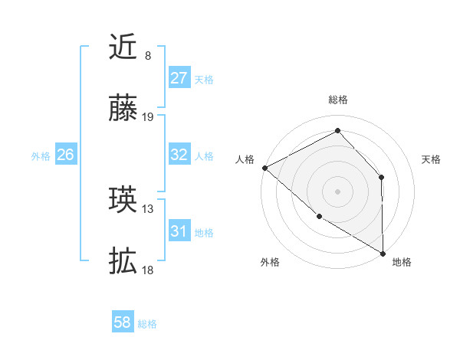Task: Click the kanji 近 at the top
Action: click(123, 47)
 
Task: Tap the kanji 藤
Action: click(123, 109)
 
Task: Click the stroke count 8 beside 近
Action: click(148, 56)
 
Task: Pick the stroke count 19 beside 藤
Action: click(149, 117)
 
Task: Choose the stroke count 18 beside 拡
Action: click(149, 270)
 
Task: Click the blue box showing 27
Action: click(179, 78)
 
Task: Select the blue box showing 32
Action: click(179, 155)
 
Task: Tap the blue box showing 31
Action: click(179, 231)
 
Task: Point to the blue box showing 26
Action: click(65, 155)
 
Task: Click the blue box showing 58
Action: click(123, 322)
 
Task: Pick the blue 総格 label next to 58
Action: click(147, 324)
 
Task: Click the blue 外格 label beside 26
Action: click(41, 156)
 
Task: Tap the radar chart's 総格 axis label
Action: click(338, 100)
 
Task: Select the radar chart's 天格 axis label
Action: click(432, 159)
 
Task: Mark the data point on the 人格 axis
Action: click(264, 168)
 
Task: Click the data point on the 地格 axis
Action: click(383, 253)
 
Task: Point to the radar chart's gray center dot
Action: click(337, 191)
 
